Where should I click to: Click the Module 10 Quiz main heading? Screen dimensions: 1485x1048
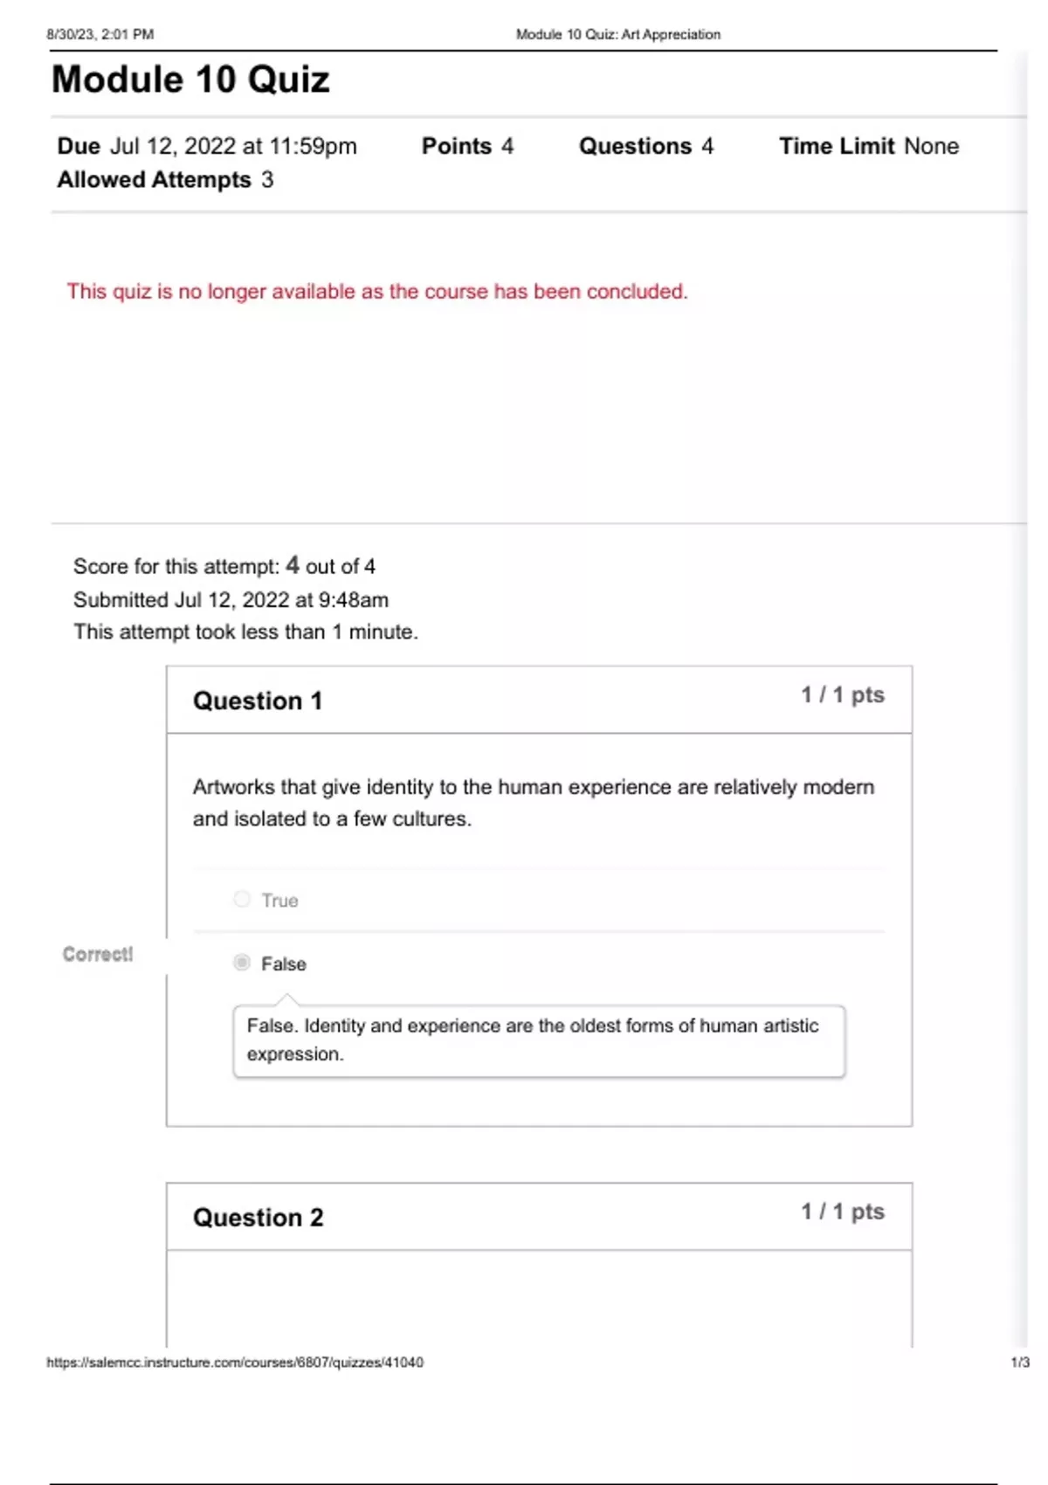click(190, 79)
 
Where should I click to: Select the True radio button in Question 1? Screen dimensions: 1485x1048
click(242, 899)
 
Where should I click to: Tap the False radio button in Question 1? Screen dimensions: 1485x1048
click(242, 963)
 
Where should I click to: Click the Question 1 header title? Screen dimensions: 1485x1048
click(258, 701)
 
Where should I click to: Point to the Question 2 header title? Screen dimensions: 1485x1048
click(258, 1218)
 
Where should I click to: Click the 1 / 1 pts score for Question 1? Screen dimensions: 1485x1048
click(843, 695)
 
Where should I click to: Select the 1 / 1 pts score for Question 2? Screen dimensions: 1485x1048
click(843, 1212)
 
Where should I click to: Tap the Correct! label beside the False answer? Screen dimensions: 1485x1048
click(98, 954)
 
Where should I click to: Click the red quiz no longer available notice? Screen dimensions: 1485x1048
click(377, 292)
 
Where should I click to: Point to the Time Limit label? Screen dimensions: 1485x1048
click(837, 146)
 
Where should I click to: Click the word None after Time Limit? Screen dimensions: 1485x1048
click(932, 146)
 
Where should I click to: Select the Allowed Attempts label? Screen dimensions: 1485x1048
click(155, 180)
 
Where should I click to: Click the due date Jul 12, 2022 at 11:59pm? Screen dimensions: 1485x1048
click(233, 146)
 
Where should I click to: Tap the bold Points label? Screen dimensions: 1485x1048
click(457, 146)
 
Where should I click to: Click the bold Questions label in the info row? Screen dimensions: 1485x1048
click(635, 146)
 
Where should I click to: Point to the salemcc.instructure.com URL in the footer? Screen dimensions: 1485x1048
click(235, 1362)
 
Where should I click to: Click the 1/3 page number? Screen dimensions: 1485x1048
click(1020, 1362)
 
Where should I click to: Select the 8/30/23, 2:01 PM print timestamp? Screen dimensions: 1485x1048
click(100, 34)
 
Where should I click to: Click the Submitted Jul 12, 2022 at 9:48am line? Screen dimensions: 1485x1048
click(231, 600)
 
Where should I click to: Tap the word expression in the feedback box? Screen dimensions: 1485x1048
click(294, 1054)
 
